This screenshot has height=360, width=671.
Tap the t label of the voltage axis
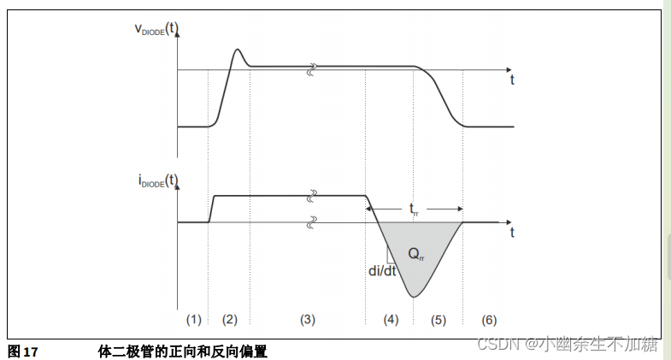point(512,80)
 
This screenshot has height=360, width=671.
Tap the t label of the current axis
point(512,232)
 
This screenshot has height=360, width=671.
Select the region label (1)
point(194,320)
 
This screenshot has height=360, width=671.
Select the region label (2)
point(229,320)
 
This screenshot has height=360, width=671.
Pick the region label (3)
point(308,320)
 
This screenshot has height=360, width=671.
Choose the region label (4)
point(390,320)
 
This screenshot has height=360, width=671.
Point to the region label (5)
point(437,320)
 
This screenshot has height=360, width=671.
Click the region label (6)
point(488,320)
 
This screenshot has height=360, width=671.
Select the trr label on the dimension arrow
point(414,208)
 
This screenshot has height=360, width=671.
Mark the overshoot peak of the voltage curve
point(238,50)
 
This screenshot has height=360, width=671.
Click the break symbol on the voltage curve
point(314,67)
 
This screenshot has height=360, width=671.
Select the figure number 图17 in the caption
point(23,351)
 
